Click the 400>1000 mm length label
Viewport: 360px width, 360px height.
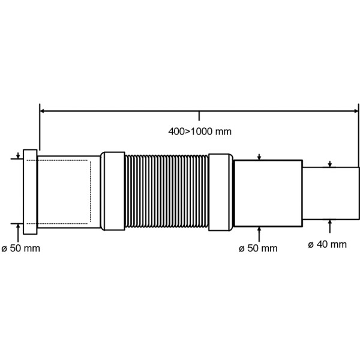[x=200, y=131]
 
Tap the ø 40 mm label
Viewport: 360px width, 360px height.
[x=327, y=244]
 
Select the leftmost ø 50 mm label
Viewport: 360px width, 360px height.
[x=20, y=248]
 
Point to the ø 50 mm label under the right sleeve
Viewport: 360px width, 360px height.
[x=258, y=248]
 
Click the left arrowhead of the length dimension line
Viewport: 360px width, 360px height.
[x=42, y=111]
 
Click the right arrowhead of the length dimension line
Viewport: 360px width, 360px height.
[x=356, y=111]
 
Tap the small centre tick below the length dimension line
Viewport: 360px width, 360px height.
[x=199, y=116]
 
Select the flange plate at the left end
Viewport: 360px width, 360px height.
[x=30, y=192]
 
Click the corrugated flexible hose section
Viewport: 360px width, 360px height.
[x=167, y=191]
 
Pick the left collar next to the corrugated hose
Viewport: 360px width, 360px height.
[x=113, y=191]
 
